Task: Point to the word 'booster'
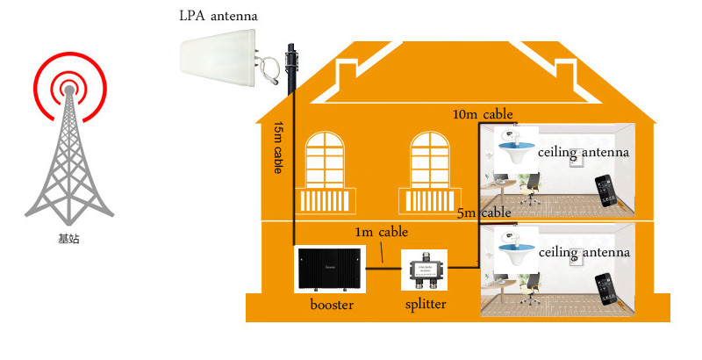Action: coord(331,306)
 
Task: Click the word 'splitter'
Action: coord(426,305)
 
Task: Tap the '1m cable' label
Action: coord(382,233)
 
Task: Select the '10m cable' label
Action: coord(482,114)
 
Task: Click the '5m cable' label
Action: coord(484,212)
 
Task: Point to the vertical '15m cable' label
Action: coord(278,147)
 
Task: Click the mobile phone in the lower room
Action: coord(605,291)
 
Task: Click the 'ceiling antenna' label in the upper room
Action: coord(584,154)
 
